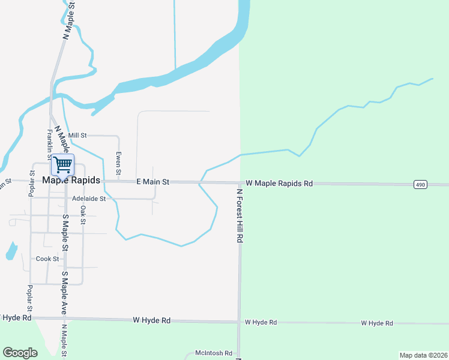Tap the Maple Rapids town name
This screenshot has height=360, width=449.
pos(71,180)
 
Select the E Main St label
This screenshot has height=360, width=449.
pos(153,181)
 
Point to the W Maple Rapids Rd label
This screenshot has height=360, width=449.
pos(280,183)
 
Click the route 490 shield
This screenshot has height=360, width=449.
pos(420,185)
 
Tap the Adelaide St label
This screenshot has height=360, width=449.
pos(88,198)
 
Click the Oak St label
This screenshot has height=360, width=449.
pos(83,215)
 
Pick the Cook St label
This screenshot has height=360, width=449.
pos(47,259)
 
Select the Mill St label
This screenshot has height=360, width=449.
pos(77,136)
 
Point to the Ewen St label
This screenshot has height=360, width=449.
pos(119,163)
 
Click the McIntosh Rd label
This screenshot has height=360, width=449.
pos(214,353)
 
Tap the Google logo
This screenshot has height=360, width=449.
pos(20,353)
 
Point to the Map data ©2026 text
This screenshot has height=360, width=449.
pos(423,355)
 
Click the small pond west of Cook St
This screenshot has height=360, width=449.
pos(11,251)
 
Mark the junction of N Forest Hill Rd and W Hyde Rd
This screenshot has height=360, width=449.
pos(240,322)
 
